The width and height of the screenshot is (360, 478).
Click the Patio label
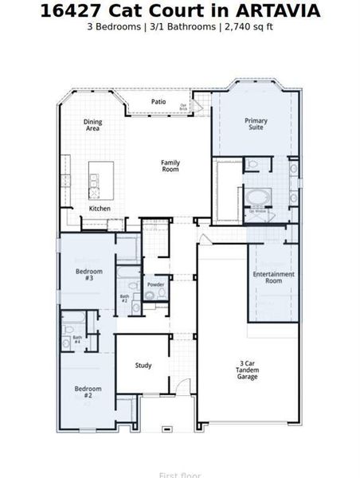tap(158, 101)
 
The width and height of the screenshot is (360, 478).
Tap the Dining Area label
tap(93, 125)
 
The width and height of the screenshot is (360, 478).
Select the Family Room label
tap(170, 166)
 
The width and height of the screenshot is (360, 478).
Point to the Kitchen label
tap(100, 209)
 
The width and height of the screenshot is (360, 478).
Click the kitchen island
tap(100, 179)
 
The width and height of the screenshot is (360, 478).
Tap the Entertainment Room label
tap(273, 277)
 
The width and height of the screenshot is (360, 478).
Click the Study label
tap(143, 366)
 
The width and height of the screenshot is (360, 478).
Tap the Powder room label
tap(156, 284)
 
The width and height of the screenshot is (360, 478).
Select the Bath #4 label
tap(77, 339)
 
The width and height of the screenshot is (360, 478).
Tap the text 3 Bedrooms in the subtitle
tap(115, 26)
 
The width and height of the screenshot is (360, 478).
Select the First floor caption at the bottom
tap(179, 475)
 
